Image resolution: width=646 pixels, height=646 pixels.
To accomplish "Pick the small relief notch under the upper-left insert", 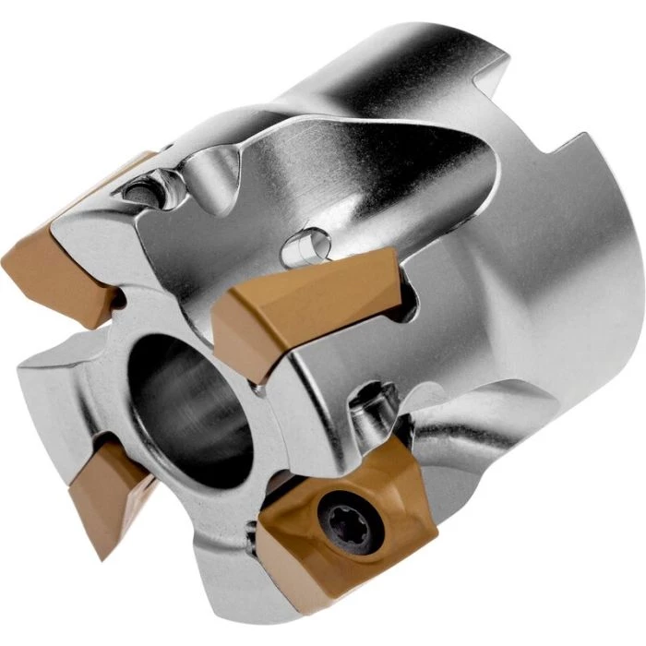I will (x=120, y=301).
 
